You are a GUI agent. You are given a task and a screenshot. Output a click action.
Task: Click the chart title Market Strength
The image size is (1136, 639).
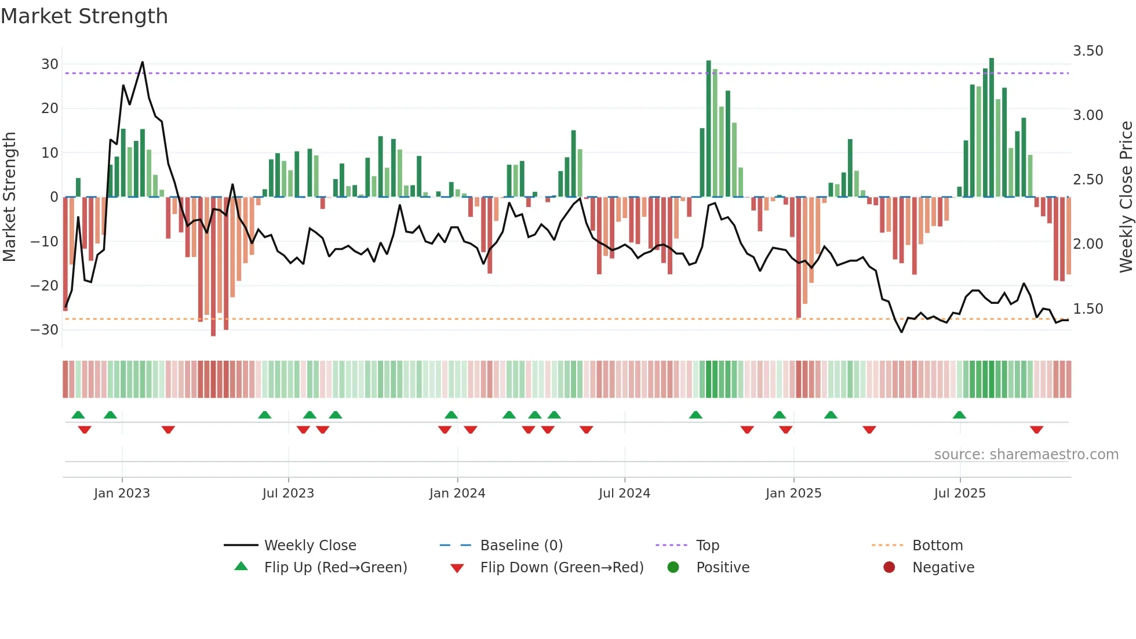coord(84,16)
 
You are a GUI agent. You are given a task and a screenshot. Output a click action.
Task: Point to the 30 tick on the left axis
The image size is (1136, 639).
coord(50,64)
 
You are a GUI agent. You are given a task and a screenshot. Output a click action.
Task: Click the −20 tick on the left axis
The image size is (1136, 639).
coord(45,285)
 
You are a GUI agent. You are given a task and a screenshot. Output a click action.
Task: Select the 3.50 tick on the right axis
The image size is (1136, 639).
coord(1088,51)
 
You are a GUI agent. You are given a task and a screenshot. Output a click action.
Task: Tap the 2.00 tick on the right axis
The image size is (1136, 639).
coord(1088,244)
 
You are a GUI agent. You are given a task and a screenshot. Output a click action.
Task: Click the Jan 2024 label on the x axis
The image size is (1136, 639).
coord(457,493)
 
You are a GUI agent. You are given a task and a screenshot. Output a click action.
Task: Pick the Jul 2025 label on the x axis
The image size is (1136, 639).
coord(959,493)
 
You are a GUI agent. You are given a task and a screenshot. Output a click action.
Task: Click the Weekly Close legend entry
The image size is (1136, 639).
coord(310,546)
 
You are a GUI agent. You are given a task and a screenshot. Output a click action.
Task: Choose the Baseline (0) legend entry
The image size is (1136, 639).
coord(521,546)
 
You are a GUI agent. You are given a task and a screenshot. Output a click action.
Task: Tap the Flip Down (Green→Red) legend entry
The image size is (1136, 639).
coord(561,568)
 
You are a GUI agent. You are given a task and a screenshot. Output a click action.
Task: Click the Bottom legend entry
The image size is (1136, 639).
coord(937,546)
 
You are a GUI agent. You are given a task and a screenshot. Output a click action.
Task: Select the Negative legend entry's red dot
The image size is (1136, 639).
coord(889,568)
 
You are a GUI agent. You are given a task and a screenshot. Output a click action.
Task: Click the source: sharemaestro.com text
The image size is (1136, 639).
coord(1026,455)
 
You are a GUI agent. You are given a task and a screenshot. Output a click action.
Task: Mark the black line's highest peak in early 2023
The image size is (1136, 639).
coord(143,63)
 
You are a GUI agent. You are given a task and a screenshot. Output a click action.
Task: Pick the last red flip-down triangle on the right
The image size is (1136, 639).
coord(1036,430)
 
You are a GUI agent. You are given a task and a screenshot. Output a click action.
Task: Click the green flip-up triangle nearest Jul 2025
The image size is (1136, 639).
coord(959,415)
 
